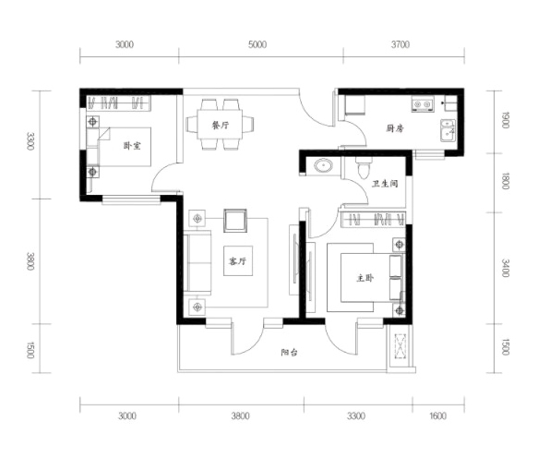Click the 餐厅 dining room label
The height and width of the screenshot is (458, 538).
click(x=220, y=126)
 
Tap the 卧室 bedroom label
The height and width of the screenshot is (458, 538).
click(x=132, y=146)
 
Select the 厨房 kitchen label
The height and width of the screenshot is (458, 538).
click(x=395, y=128)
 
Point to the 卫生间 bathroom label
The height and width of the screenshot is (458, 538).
click(x=385, y=184)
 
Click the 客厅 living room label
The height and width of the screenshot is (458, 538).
click(x=238, y=261)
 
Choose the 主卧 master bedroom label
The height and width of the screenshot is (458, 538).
click(x=365, y=278)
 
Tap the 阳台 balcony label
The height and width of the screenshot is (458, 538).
click(x=289, y=352)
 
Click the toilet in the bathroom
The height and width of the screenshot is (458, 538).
click(x=364, y=167)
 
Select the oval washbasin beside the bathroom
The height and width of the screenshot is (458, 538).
click(x=323, y=166)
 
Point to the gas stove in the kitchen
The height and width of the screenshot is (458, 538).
click(x=423, y=104)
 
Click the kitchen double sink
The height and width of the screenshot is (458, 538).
click(x=448, y=131)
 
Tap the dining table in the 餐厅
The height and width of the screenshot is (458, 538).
click(x=220, y=124)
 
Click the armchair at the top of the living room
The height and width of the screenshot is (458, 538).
click(x=235, y=221)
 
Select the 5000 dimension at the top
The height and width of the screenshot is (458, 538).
click(x=257, y=44)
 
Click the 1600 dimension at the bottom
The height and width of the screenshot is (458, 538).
click(x=437, y=416)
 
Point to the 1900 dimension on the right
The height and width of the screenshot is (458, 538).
click(x=505, y=120)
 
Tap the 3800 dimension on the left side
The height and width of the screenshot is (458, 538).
click(x=30, y=261)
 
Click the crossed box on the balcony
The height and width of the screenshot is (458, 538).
click(x=400, y=346)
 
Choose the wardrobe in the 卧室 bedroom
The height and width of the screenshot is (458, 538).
click(x=118, y=103)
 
